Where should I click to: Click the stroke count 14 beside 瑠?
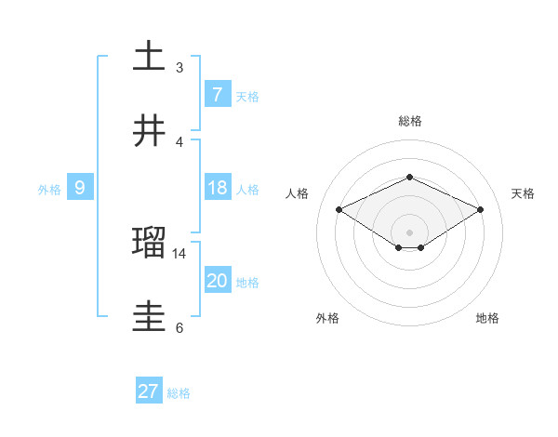[x=179, y=253]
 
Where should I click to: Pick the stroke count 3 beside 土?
[x=179, y=67]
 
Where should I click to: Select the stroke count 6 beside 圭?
[x=179, y=327]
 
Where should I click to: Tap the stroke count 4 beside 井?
[x=179, y=141]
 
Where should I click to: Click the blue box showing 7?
[x=217, y=95]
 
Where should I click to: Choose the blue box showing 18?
[x=217, y=188]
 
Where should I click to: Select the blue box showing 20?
[x=217, y=281]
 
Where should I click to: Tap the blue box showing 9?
[x=80, y=188]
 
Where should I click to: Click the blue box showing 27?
[x=149, y=391]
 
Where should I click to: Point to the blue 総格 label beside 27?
[x=179, y=393]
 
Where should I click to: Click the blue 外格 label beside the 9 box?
[x=49, y=190]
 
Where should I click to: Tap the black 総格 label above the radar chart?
[x=410, y=121]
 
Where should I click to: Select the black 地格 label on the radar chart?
[x=487, y=318]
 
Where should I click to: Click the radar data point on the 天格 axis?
[x=481, y=210]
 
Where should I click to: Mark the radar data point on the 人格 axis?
[x=339, y=210]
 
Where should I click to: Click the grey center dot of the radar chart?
[x=410, y=232]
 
